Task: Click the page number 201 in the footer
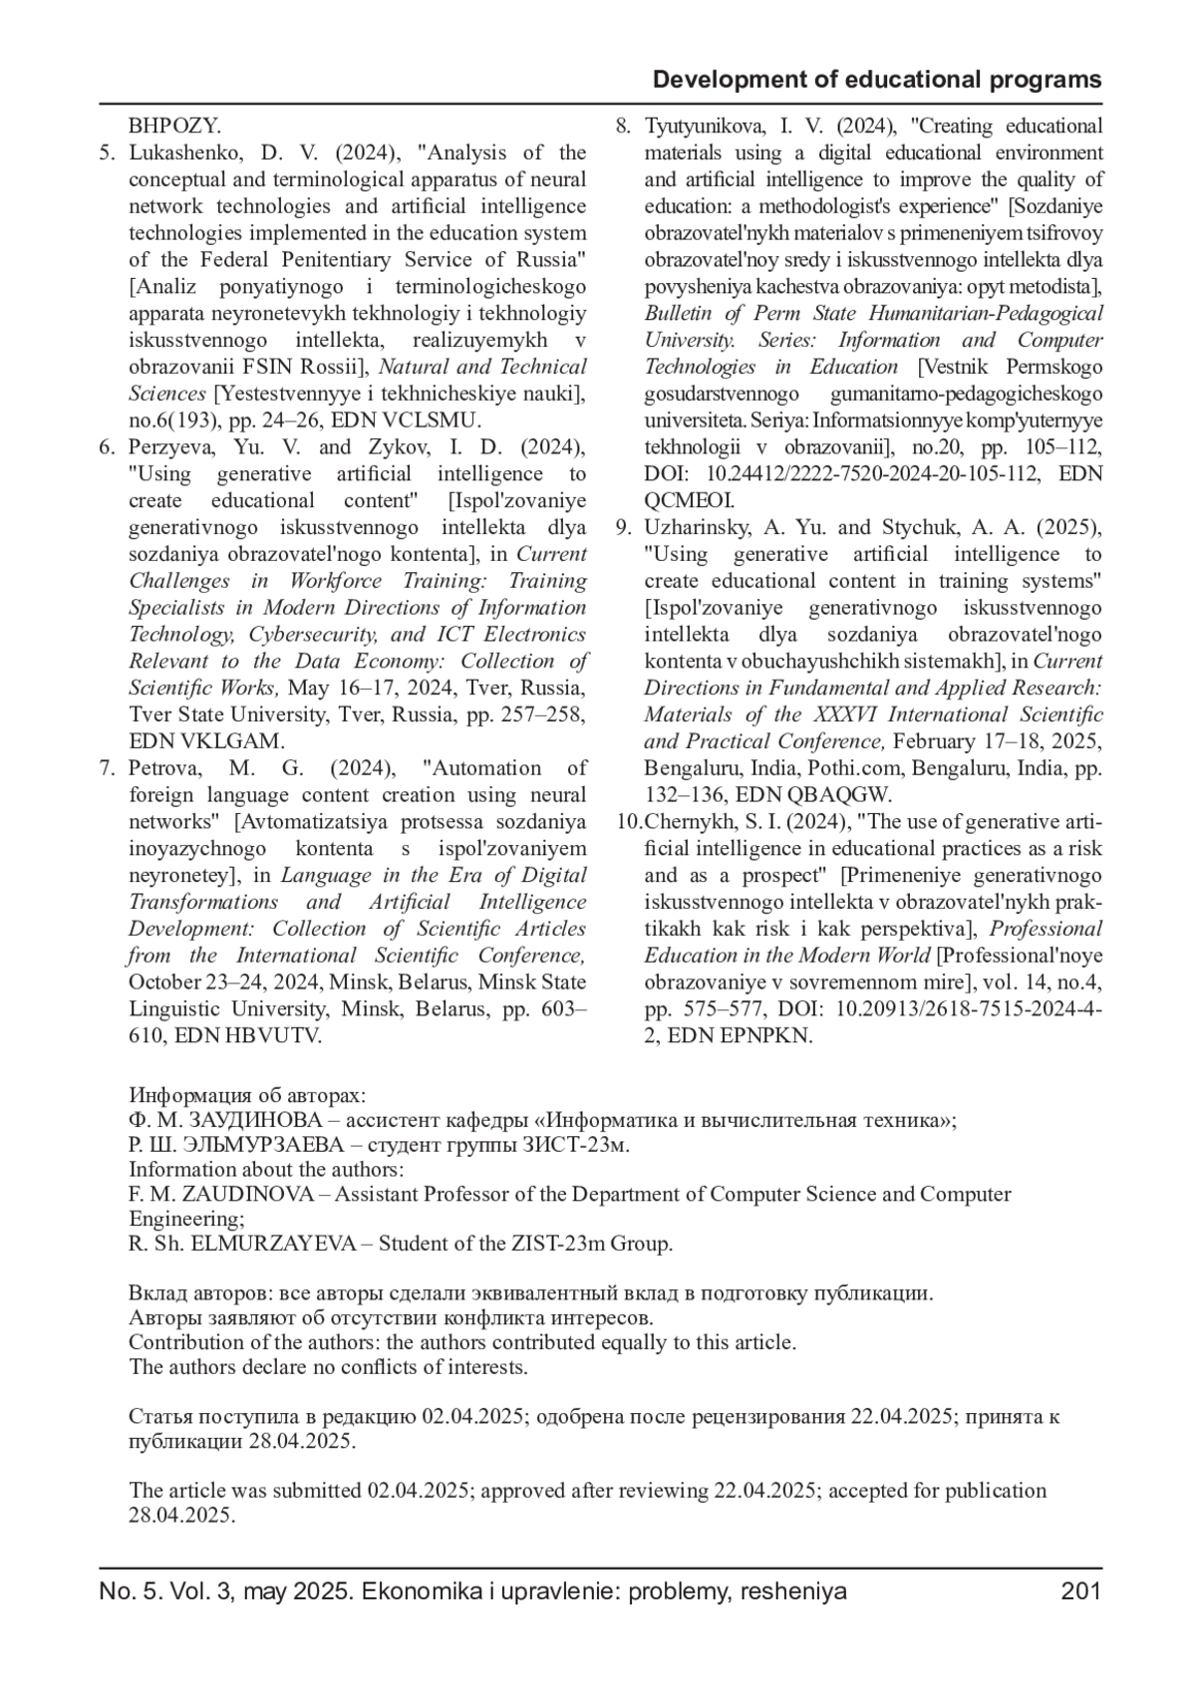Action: [x=1081, y=1591]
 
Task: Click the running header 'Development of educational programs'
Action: [x=877, y=80]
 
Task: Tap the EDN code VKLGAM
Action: [x=231, y=741]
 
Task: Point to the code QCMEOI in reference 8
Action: [x=690, y=501]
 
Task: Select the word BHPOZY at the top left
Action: [x=174, y=127]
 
